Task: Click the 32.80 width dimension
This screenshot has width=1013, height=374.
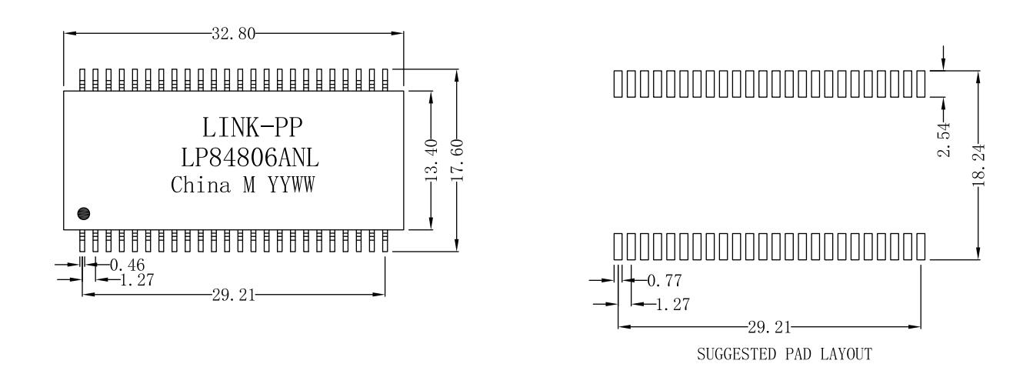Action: pos(233,33)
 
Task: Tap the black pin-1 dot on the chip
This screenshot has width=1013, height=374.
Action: pos(84,213)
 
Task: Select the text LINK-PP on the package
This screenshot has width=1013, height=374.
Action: pos(252,127)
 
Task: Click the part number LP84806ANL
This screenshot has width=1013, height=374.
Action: pos(250,158)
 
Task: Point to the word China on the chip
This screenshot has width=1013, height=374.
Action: pos(200,185)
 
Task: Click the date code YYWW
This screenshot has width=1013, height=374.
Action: pos(292,185)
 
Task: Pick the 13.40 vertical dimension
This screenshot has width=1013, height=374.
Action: pos(432,161)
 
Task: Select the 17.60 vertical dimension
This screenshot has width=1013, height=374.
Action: pos(457,161)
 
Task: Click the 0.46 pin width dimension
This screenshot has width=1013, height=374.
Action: pos(128,265)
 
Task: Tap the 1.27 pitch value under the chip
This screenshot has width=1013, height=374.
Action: pos(137,280)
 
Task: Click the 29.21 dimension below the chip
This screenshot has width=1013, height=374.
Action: pos(234,296)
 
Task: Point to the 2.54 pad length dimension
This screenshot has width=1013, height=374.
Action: pos(944,140)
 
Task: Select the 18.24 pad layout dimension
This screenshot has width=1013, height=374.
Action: pos(978,165)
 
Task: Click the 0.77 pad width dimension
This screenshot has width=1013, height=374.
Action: pos(665,280)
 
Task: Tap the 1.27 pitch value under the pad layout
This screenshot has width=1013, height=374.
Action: pos(673,304)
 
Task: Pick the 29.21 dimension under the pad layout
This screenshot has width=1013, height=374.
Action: pos(769,327)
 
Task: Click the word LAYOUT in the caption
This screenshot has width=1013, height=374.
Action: pos(846,354)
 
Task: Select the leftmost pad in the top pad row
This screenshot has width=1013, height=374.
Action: pos(618,84)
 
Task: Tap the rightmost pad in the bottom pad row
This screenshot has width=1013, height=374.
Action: pos(921,246)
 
